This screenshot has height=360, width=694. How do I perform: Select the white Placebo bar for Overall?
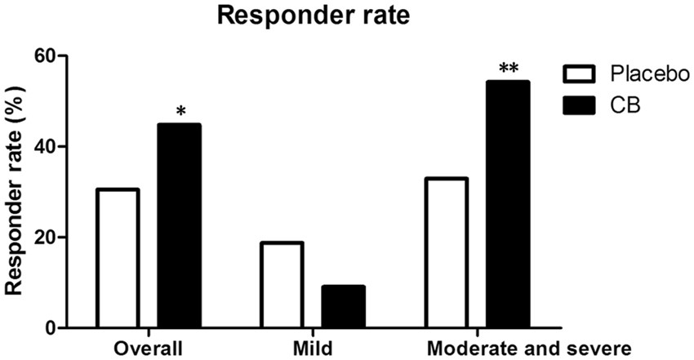[117, 259]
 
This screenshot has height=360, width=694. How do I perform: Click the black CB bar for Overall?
[179, 226]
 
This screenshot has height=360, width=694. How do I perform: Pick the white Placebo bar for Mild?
[282, 285]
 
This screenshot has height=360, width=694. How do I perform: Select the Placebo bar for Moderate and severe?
[446, 253]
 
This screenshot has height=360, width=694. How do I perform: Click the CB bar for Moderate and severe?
[508, 205]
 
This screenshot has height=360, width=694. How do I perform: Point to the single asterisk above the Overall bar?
[180, 111]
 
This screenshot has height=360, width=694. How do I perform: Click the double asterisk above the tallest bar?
[508, 69]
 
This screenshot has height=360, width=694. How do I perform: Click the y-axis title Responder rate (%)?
[18, 192]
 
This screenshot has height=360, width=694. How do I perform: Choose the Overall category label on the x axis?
[148, 349]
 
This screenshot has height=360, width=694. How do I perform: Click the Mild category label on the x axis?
[313, 349]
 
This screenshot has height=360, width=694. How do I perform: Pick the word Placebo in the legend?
[646, 75]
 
